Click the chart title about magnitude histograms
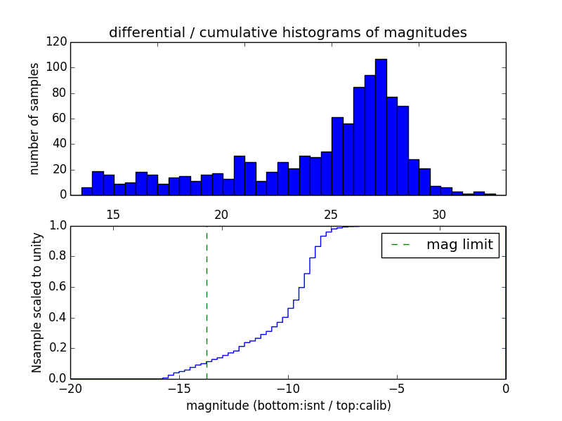pyautogui.click(x=287, y=32)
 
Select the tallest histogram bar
pyautogui.click(x=381, y=127)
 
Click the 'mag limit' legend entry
pyautogui.click(x=440, y=245)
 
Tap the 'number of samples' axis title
pyautogui.click(x=34, y=119)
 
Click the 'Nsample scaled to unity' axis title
pyautogui.click(x=37, y=302)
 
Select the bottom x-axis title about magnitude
pyautogui.click(x=288, y=406)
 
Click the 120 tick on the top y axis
pyautogui.click(x=57, y=42)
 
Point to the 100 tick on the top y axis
pyautogui.click(x=57, y=68)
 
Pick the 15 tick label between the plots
pyautogui.click(x=112, y=214)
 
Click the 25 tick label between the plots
pyautogui.click(x=331, y=214)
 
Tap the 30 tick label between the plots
pyautogui.click(x=439, y=214)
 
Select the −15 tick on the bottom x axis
pyautogui.click(x=178, y=389)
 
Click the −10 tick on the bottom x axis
pyautogui.click(x=287, y=389)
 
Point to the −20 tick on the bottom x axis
pyautogui.click(x=70, y=389)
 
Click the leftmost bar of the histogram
pyautogui.click(x=86, y=191)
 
